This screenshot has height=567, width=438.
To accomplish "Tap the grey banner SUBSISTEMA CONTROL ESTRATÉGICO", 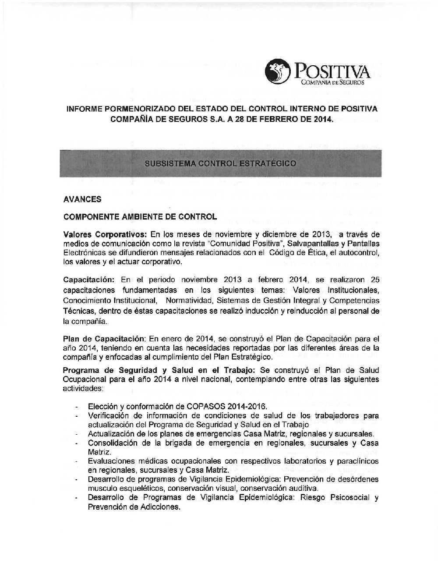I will [x=220, y=163].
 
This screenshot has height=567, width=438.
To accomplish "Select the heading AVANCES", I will [x=82, y=199].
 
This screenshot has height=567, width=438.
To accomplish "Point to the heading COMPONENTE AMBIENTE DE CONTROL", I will [x=140, y=217].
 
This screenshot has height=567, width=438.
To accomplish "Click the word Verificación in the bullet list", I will [x=109, y=415].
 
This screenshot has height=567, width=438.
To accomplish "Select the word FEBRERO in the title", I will [x=278, y=119].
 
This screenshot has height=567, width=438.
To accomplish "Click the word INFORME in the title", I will [x=84, y=109].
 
